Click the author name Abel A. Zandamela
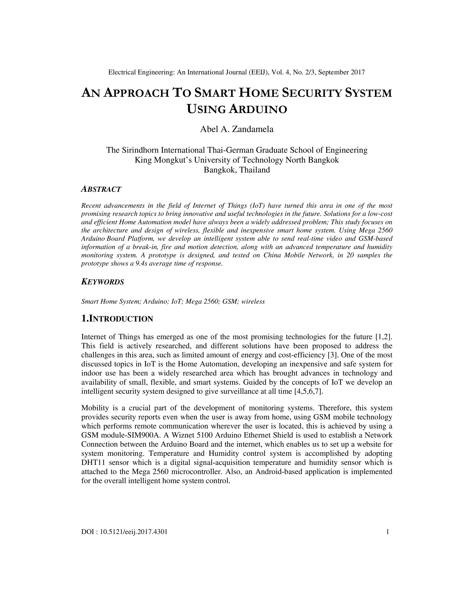(x=237, y=129)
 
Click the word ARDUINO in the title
(x=258, y=109)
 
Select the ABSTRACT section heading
(x=101, y=189)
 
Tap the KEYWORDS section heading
(x=103, y=282)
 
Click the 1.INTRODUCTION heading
(x=117, y=319)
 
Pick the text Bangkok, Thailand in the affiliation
(x=237, y=170)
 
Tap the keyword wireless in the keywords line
(x=253, y=301)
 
